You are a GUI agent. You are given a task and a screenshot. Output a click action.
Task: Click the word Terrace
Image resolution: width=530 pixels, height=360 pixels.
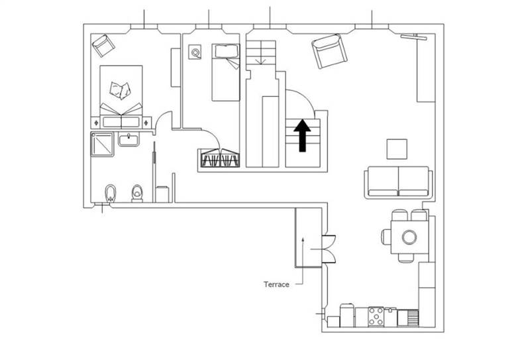(x=276, y=284)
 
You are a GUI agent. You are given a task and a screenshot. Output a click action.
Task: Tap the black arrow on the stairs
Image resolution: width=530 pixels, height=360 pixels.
(x=302, y=135)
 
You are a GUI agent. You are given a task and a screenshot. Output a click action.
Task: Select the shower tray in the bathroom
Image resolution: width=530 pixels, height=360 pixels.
(x=102, y=145)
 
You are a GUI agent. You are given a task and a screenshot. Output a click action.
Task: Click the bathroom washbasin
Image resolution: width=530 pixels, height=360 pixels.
(x=129, y=139)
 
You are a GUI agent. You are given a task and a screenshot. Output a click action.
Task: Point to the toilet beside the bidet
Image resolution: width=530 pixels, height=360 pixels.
(x=137, y=193)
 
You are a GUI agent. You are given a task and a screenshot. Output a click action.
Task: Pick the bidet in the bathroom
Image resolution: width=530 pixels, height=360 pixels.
(x=110, y=194)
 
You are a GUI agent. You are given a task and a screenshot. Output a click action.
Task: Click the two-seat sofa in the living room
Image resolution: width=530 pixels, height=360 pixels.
(x=398, y=182)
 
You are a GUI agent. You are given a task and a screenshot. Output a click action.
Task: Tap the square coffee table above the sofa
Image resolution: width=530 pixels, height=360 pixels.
(x=397, y=149)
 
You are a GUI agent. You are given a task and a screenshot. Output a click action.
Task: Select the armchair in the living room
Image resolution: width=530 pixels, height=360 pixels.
(x=329, y=51)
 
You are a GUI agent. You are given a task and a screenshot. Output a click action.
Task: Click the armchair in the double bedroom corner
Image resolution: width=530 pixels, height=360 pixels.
(x=103, y=45)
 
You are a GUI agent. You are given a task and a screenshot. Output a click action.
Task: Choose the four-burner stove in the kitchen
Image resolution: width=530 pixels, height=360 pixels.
(x=376, y=317)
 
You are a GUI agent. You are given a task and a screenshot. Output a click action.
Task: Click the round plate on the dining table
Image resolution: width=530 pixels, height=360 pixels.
(x=409, y=237)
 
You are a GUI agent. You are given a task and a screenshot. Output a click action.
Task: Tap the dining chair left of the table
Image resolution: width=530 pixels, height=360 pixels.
(x=386, y=237)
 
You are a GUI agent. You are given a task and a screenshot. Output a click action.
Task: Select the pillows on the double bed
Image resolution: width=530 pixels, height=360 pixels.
(x=120, y=90)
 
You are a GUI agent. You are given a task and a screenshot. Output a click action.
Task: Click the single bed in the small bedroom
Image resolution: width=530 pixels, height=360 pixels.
(x=226, y=72)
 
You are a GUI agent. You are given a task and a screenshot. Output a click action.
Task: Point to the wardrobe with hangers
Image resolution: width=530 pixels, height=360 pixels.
(x=220, y=158)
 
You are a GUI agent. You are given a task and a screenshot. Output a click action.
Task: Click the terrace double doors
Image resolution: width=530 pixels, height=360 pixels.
(x=328, y=249)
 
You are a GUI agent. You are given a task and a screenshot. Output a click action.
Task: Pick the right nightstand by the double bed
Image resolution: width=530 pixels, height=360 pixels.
(x=146, y=123)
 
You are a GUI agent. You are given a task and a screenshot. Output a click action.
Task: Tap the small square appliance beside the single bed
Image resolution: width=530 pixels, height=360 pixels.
(x=195, y=52)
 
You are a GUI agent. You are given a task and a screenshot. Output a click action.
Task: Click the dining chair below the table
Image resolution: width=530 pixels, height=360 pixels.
(x=405, y=258)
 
